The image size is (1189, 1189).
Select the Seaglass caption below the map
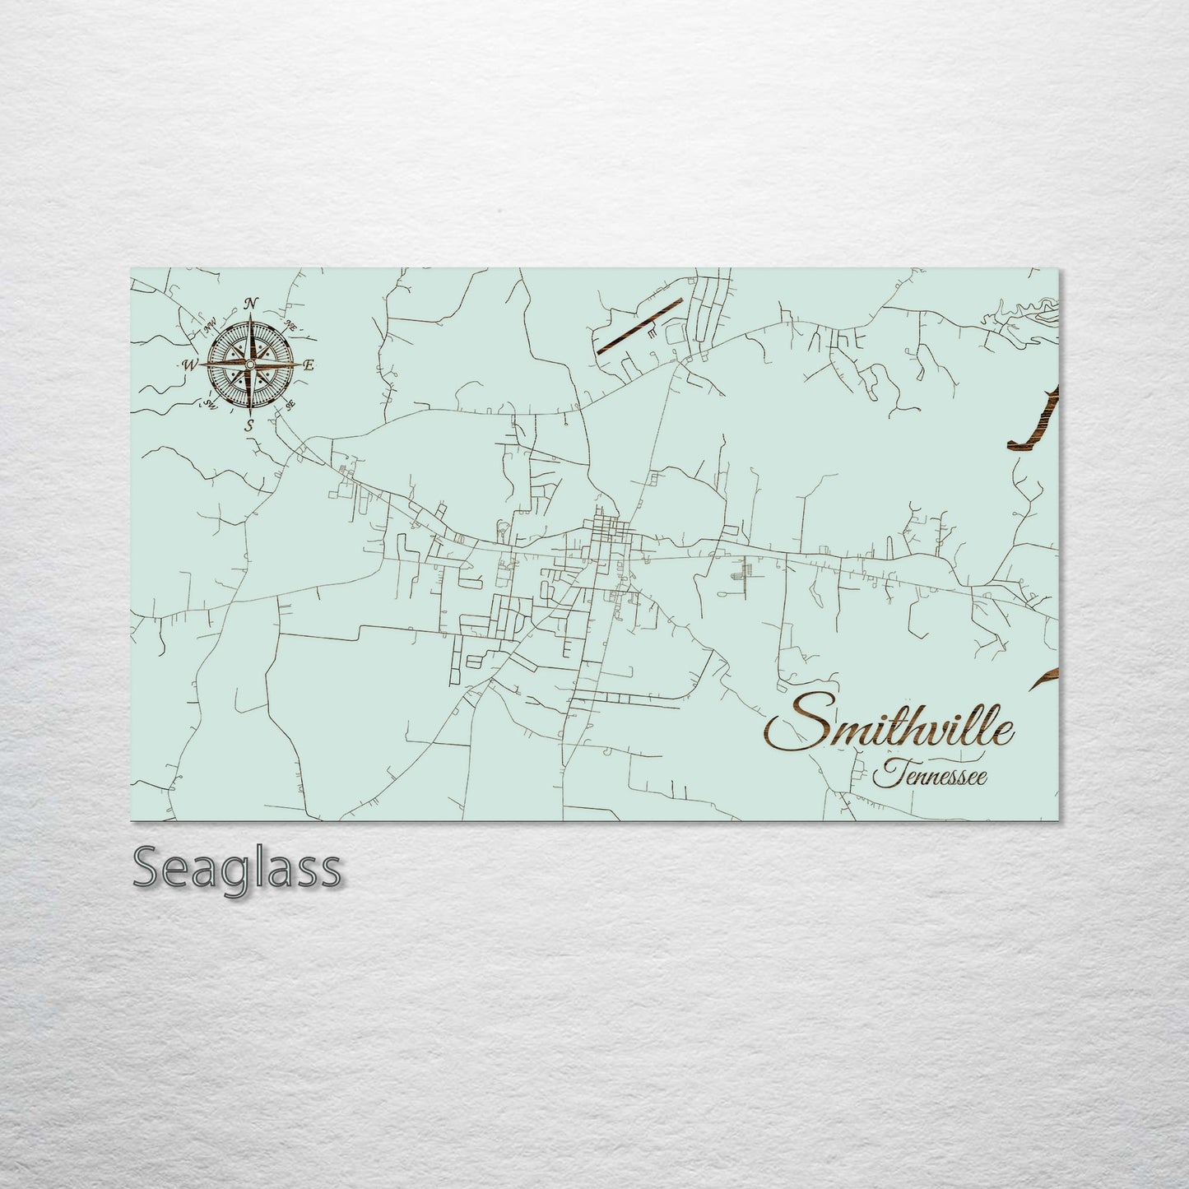click(236, 868)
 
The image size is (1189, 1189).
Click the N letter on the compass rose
click(251, 304)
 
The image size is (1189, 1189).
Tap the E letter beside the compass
click(309, 366)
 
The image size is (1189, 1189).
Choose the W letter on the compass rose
click(189, 365)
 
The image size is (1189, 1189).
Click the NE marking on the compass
click(290, 326)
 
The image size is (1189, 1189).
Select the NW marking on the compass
click(210, 324)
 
